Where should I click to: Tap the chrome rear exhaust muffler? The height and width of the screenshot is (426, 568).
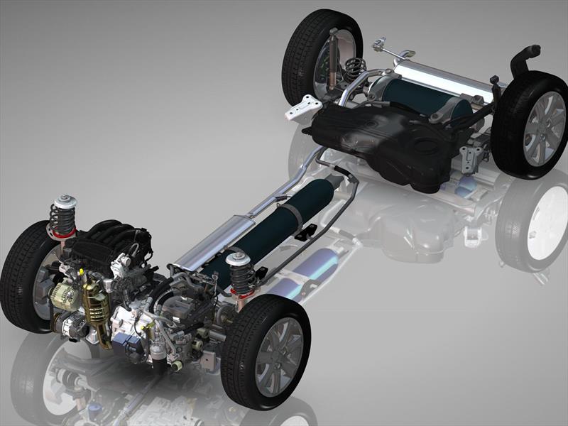[440, 75]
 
